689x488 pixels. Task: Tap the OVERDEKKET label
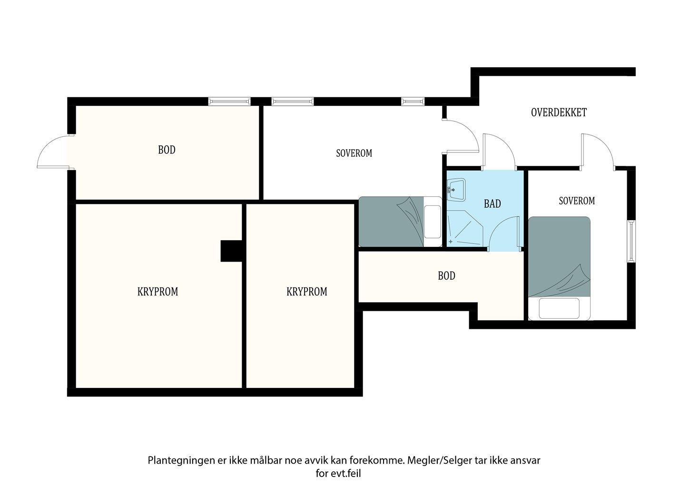click(559, 112)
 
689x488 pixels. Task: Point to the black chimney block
click(231, 251)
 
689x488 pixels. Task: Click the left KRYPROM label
click(157, 292)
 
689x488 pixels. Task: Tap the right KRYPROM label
click(306, 292)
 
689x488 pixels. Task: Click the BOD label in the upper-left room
click(167, 150)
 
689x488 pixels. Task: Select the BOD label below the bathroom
click(446, 276)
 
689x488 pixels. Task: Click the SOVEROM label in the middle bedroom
click(354, 153)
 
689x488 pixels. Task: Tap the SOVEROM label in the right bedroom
click(577, 201)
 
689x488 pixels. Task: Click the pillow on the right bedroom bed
click(559, 308)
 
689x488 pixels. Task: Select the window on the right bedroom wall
click(631, 241)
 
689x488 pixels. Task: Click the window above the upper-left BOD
click(229, 101)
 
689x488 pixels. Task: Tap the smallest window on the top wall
click(413, 101)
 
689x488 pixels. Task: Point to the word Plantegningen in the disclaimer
click(181, 461)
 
